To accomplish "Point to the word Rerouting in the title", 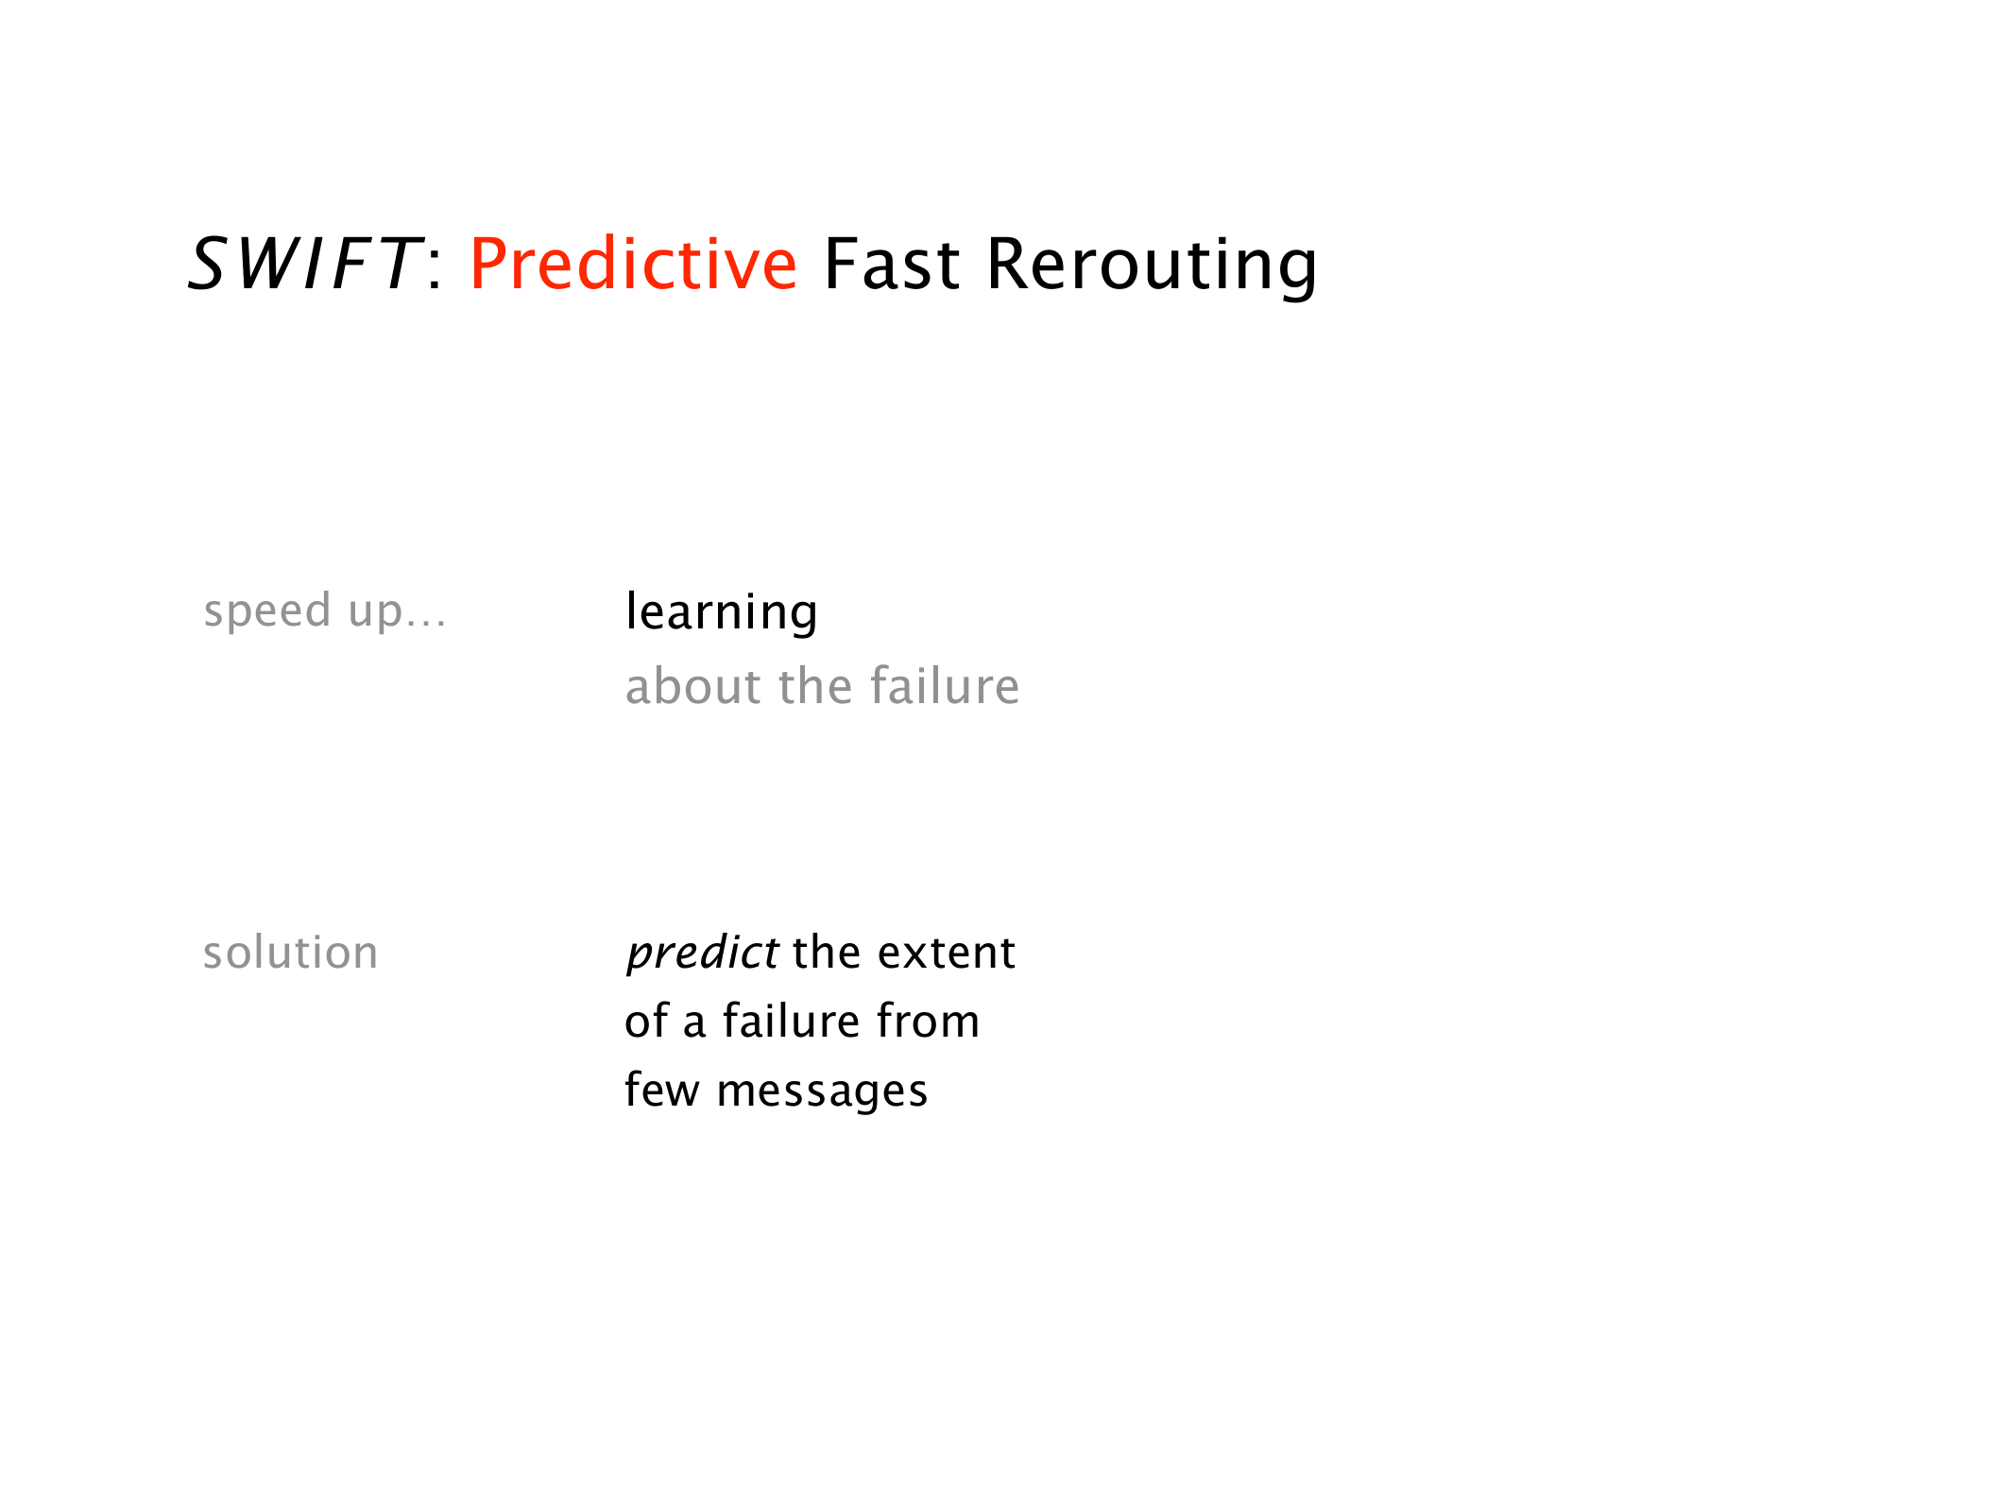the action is pyautogui.click(x=1152, y=266).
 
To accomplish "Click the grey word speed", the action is pyautogui.click(x=267, y=610).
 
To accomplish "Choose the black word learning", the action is pyautogui.click(x=722, y=612).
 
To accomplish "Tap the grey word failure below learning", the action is pyautogui.click(x=945, y=686).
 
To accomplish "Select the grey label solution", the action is pyautogui.click(x=291, y=953).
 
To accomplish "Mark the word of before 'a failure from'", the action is pyautogui.click(x=646, y=1022).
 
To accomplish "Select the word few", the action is pyautogui.click(x=662, y=1090).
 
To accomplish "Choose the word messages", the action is pyautogui.click(x=823, y=1092).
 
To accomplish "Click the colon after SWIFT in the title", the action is pyautogui.click(x=435, y=268).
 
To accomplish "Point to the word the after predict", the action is pyautogui.click(x=828, y=953).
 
